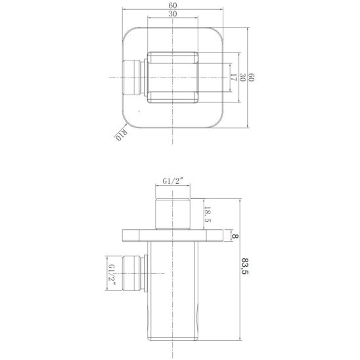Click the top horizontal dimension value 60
[173, 5]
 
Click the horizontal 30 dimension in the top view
[173, 14]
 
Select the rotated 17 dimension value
[233, 78]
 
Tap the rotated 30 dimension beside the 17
[242, 78]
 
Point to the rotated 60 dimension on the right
[252, 78]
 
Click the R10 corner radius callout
[121, 135]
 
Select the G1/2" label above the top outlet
[173, 181]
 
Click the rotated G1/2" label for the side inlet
[112, 274]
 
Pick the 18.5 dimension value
[207, 214]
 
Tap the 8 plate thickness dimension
[235, 236]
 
